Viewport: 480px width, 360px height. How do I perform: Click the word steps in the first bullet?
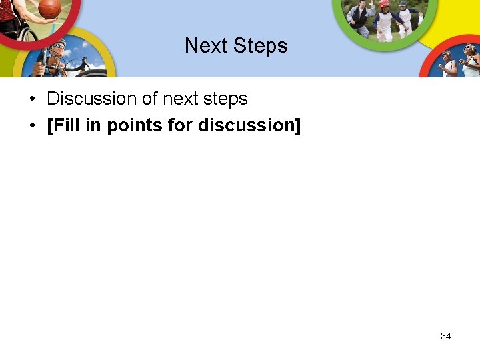coord(226,99)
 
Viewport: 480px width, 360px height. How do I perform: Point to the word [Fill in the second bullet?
coord(63,125)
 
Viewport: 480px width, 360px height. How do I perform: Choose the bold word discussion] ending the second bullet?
coord(249,125)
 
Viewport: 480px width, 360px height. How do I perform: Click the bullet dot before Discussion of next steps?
coord(32,99)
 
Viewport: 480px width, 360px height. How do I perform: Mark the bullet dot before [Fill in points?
coord(32,126)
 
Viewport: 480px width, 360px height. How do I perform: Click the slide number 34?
coord(446,336)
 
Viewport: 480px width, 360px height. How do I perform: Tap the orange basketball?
coord(49,8)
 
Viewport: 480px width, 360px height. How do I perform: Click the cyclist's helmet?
coord(57,45)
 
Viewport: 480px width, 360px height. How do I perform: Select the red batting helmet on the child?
coord(383,4)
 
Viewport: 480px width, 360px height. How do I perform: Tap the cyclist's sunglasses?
coord(60,49)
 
